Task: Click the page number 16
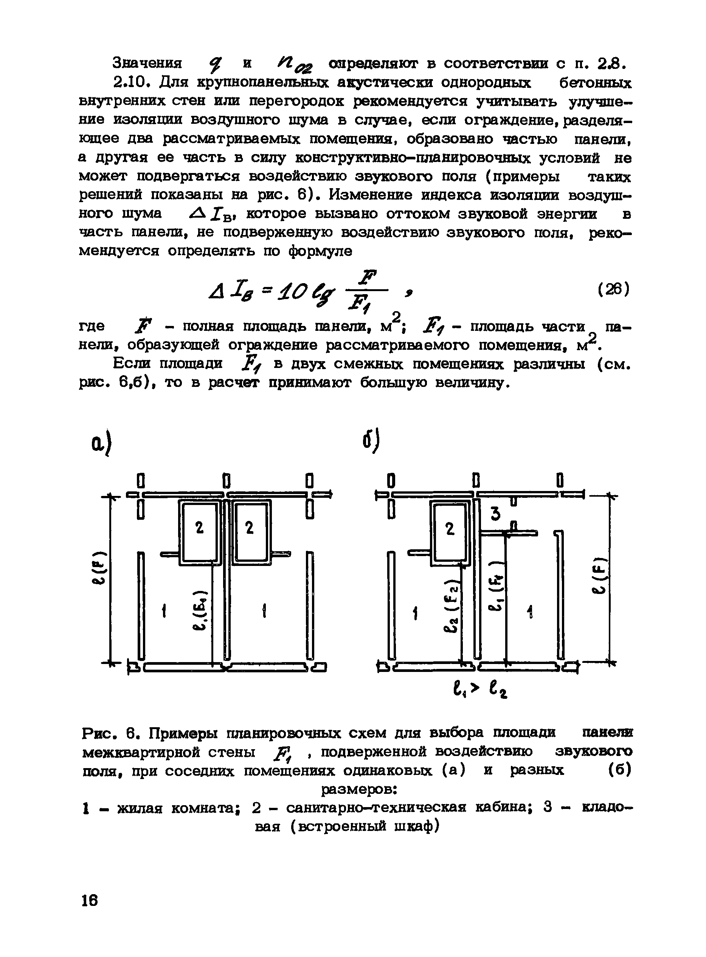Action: point(90,901)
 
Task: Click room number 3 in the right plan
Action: point(495,513)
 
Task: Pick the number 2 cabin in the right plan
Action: point(450,530)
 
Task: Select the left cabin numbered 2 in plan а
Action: point(199,529)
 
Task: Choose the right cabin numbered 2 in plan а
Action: point(250,529)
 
